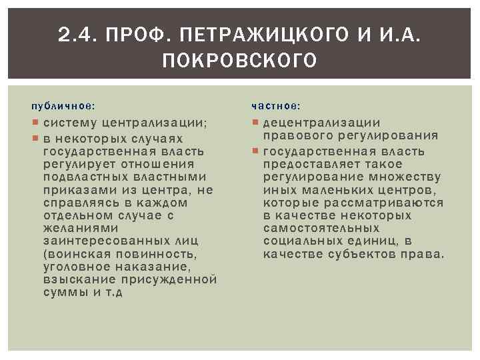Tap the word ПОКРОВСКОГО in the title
pyautogui.click(x=239, y=62)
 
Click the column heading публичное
pyautogui.click(x=63, y=106)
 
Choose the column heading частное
pyautogui.click(x=276, y=106)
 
